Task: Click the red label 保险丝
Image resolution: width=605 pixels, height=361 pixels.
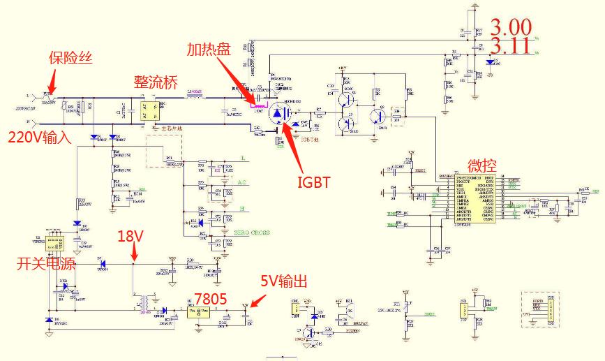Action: click(70, 58)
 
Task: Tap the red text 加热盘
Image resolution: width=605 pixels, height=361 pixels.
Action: click(207, 49)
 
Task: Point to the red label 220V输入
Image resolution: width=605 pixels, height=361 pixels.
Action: click(40, 137)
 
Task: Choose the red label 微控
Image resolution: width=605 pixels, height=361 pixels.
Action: click(483, 165)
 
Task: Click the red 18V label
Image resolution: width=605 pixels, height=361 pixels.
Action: click(130, 236)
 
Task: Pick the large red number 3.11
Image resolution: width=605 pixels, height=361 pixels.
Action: click(511, 47)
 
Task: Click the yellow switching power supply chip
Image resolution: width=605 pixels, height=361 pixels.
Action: click(53, 244)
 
